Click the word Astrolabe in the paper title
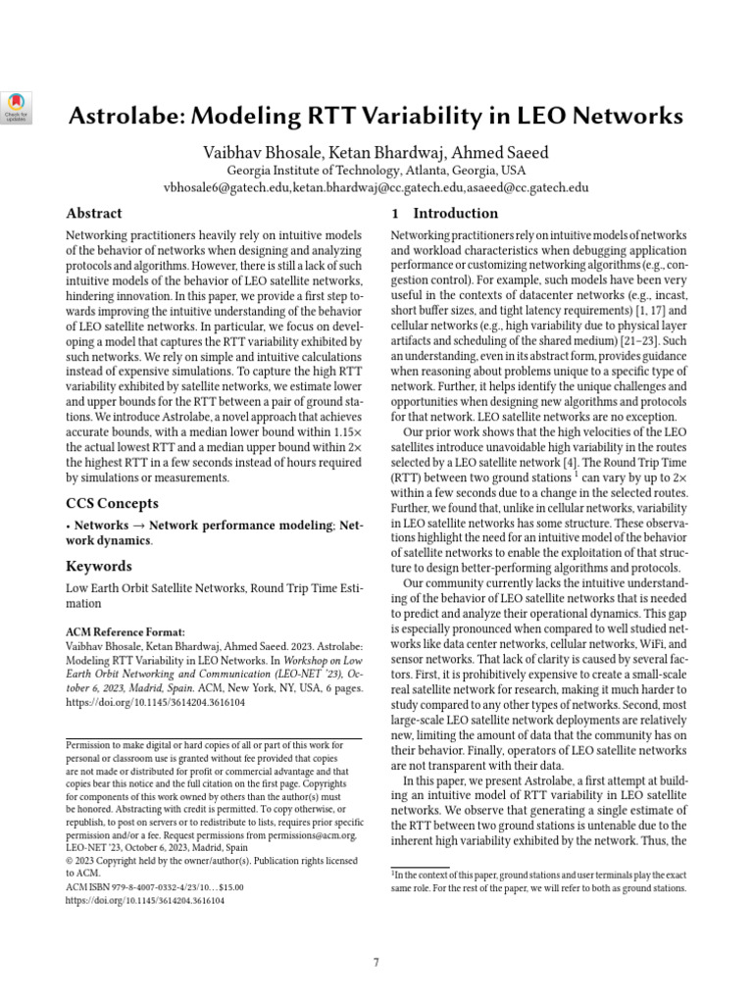130,117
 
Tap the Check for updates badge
18,105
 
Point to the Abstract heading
93,213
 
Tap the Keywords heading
98,566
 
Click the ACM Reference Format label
125,632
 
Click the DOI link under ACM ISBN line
145,899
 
